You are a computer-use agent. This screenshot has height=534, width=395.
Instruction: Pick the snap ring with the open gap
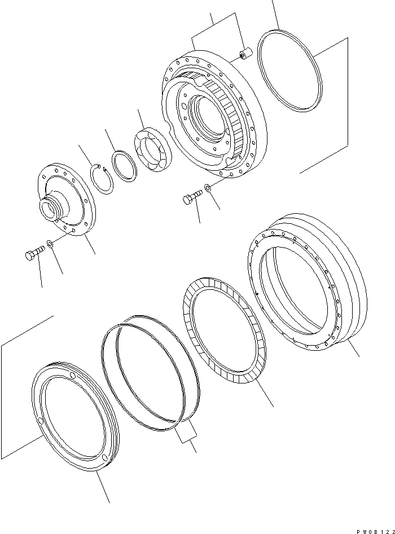click(102, 178)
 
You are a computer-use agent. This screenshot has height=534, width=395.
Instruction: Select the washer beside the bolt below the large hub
click(208, 188)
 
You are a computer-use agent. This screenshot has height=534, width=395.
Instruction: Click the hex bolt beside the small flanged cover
click(35, 254)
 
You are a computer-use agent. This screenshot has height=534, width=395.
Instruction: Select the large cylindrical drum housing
click(308, 282)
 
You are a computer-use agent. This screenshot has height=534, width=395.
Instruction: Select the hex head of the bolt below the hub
click(187, 199)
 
